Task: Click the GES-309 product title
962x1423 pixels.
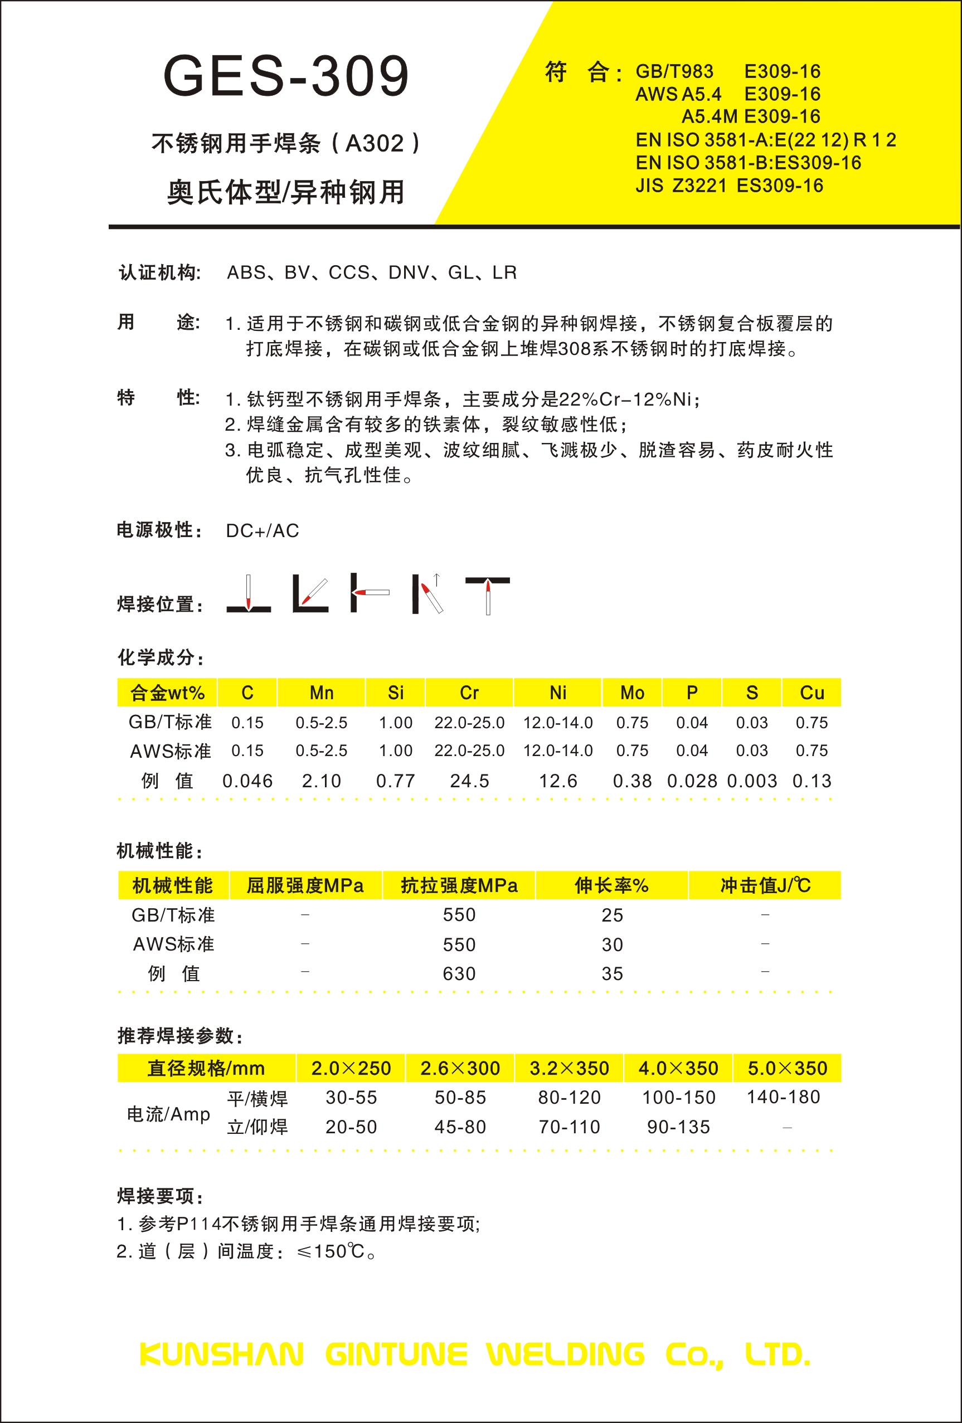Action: [x=286, y=76]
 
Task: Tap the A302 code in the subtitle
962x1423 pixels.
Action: [x=375, y=144]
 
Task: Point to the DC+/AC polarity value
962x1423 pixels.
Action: [x=262, y=531]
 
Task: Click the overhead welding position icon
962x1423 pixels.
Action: [x=488, y=594]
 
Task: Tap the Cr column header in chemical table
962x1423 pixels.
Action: [x=469, y=693]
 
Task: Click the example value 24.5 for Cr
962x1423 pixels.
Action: [x=469, y=781]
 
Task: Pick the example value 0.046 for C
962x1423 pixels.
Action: [x=247, y=781]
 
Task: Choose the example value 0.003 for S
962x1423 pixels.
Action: [x=751, y=781]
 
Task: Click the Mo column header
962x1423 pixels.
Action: [x=632, y=693]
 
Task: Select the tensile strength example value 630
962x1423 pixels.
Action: [x=459, y=973]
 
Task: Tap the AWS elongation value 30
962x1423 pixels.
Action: [x=612, y=945]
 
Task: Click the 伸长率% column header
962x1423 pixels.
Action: [x=612, y=885]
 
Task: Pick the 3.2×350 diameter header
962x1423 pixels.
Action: [x=569, y=1069]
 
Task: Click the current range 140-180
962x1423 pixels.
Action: [x=783, y=1097]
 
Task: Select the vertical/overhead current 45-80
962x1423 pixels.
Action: [x=460, y=1127]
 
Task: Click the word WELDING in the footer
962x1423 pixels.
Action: [x=565, y=1354]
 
